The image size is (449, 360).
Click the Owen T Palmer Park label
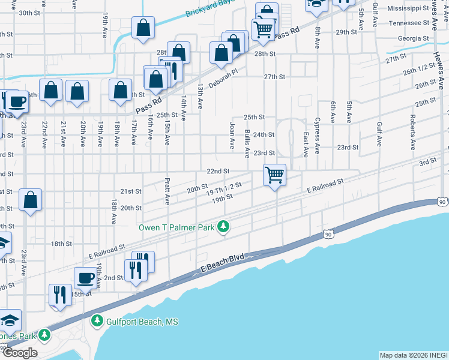point(176,227)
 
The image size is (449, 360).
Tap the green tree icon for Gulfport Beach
point(96,322)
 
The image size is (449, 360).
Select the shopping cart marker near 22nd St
point(274,175)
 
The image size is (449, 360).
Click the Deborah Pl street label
point(223,77)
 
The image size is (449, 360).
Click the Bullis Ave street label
point(247,144)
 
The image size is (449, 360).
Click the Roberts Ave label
point(413,132)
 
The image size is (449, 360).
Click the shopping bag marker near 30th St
point(143,28)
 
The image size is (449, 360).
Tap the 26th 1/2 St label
point(418,70)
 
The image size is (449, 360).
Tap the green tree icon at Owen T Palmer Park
point(223,227)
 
